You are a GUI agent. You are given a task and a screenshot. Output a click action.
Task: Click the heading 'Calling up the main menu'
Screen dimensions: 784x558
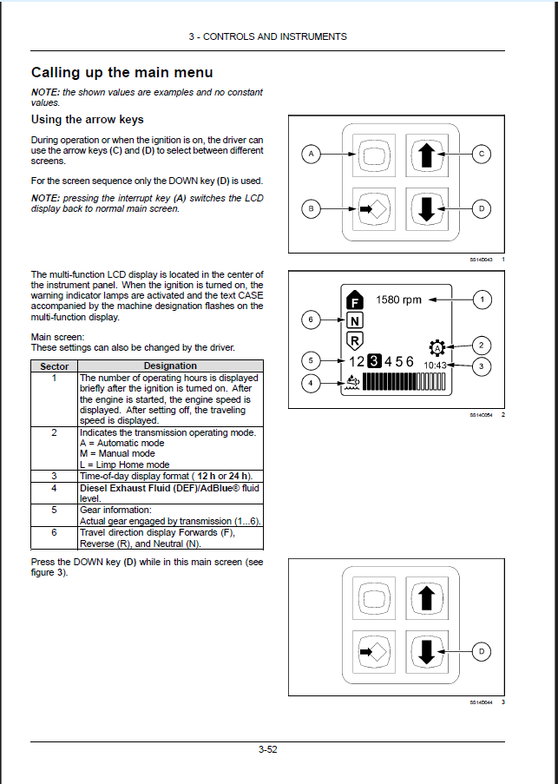click(121, 73)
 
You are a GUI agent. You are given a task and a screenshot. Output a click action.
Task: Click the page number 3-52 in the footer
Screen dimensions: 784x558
click(267, 750)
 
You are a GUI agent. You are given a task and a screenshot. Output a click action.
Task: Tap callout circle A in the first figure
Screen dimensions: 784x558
click(309, 155)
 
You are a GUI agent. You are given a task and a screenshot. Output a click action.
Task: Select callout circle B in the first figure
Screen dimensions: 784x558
click(309, 208)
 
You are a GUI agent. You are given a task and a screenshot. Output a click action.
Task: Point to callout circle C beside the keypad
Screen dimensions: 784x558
click(482, 155)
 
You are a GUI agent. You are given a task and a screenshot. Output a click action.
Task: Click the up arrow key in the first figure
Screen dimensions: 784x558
click(426, 155)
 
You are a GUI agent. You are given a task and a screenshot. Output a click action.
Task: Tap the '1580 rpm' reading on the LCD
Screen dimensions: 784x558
click(398, 300)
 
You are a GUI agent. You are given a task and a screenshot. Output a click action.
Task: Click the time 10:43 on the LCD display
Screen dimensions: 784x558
click(436, 366)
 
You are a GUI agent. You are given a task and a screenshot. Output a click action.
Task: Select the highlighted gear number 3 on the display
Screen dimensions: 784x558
click(374, 361)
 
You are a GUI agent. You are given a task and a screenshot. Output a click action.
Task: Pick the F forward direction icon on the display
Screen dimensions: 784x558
click(353, 300)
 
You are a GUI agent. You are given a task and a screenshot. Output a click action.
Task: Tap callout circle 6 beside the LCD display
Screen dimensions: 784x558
click(308, 320)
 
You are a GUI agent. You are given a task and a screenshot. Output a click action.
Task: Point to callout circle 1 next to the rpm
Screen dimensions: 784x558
click(483, 300)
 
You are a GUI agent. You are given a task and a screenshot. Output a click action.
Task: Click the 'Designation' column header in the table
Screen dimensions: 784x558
click(170, 366)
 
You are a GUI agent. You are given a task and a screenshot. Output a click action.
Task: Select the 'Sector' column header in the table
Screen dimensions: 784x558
click(55, 366)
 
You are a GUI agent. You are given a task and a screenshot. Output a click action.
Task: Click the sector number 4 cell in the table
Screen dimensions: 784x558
click(55, 488)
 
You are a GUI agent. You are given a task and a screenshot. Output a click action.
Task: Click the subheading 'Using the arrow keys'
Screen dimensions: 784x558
click(87, 120)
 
